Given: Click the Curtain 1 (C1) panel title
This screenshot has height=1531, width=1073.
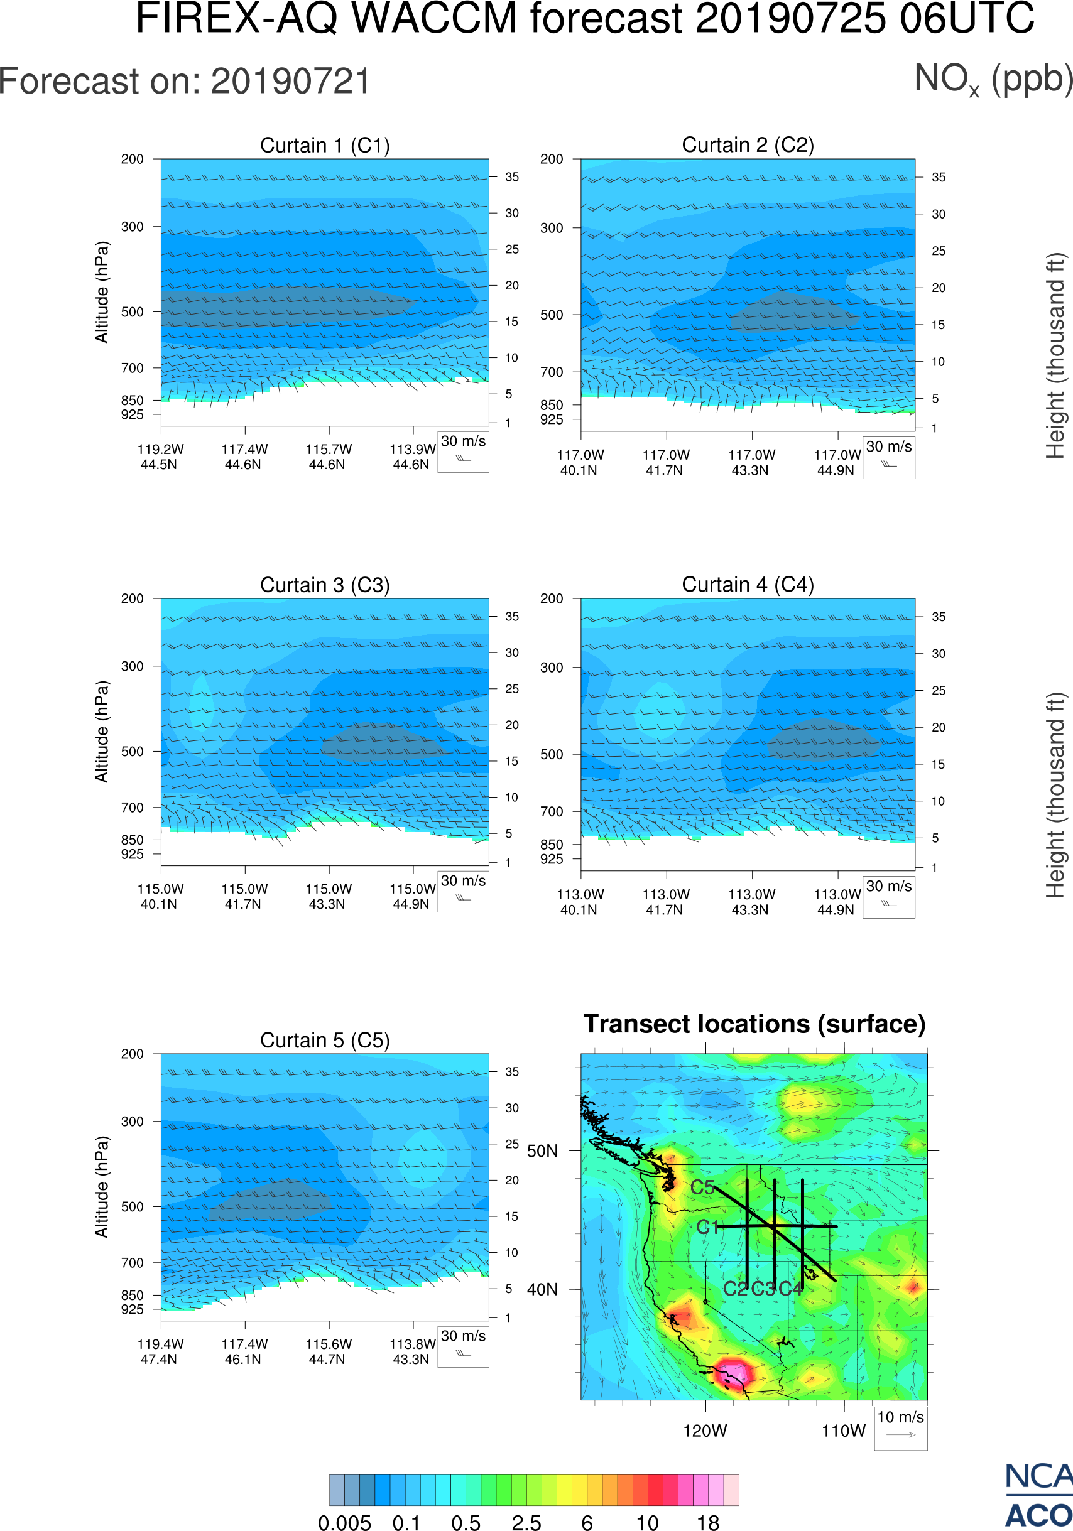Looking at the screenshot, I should pos(325,145).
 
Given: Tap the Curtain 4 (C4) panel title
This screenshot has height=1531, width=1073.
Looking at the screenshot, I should pos(748,585).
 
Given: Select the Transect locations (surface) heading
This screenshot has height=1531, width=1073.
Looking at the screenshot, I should pos(754,1024).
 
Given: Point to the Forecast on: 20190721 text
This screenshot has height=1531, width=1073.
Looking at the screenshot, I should pos(185,82).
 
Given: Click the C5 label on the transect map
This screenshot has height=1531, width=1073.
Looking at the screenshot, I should pos(702,1187).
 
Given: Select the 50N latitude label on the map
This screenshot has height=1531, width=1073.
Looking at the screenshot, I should pos(542,1152).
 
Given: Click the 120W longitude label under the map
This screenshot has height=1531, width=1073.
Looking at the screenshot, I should pos(705,1431).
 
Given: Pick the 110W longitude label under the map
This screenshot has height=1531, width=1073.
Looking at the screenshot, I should pos(844,1431).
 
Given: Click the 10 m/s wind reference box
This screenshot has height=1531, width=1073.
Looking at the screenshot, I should pos(900,1427).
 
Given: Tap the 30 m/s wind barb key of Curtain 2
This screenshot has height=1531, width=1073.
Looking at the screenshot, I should pos(888,457).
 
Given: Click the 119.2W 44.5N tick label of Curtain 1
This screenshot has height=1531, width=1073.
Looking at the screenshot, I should pos(160,457).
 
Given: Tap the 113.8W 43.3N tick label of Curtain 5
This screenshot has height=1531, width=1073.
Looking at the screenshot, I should pos(411,1351).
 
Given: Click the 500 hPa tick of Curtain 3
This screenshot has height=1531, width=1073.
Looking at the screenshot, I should pos(132,752).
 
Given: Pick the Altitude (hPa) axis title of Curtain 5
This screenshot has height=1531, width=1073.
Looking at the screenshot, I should pos(101,1187).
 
